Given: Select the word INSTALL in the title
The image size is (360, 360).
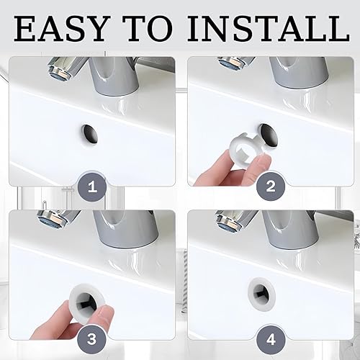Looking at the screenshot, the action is (x=268, y=28).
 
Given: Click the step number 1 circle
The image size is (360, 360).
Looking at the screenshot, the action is (x=92, y=186).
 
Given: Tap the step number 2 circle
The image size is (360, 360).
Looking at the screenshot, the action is (x=271, y=186).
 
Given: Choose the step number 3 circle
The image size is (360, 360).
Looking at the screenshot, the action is (x=91, y=340).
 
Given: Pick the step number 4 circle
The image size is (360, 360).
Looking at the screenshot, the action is (x=271, y=340).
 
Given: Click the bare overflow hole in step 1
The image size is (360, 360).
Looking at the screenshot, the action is (x=90, y=135).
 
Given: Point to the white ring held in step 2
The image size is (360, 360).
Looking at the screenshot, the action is (x=248, y=150).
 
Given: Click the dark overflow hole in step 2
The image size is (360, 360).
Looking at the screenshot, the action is (x=269, y=135).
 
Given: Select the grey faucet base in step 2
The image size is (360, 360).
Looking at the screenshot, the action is (x=299, y=72).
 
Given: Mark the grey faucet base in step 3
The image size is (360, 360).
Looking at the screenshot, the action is (x=126, y=229).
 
